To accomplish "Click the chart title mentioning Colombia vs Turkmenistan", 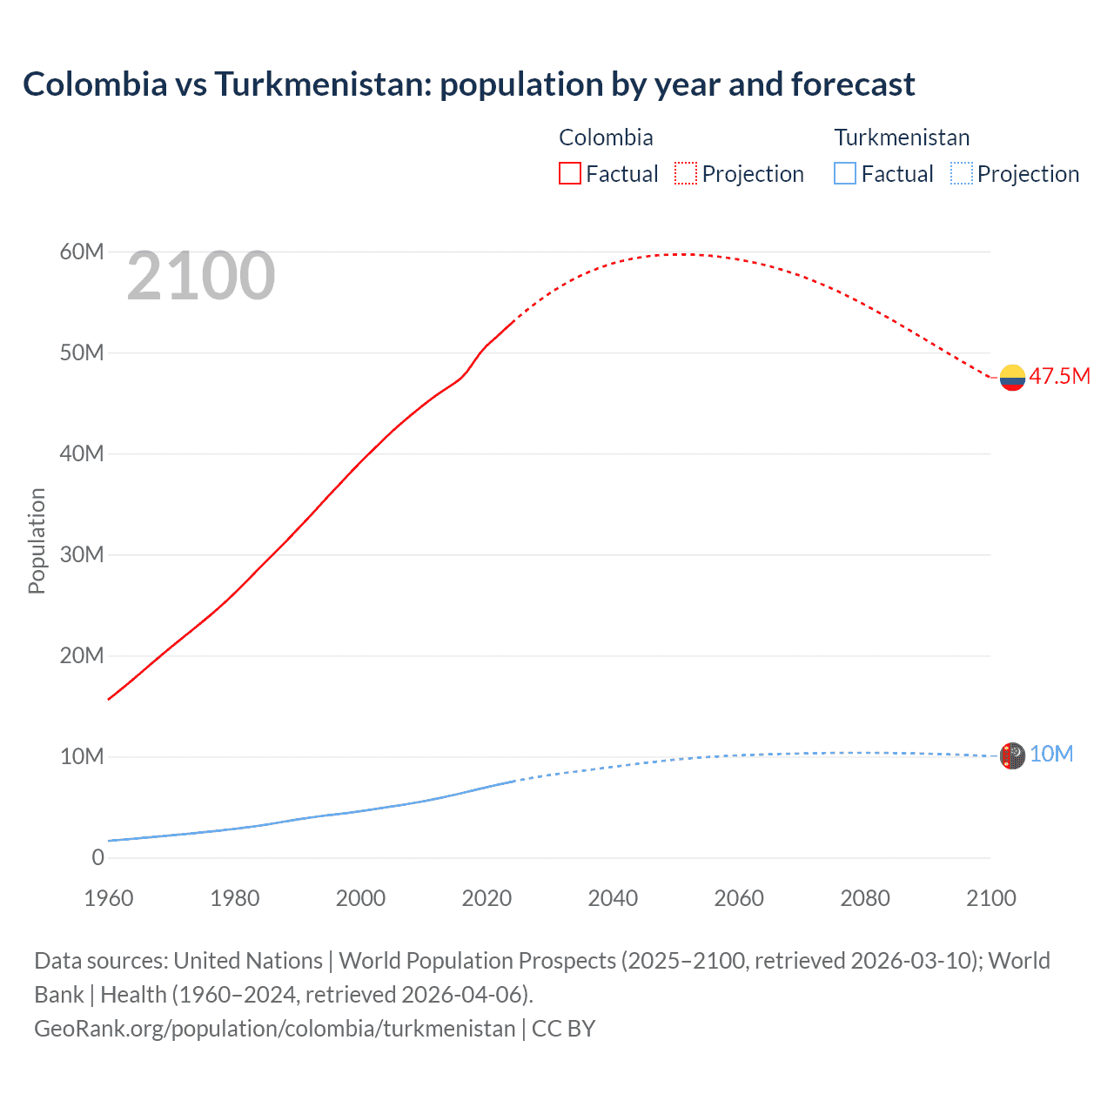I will coord(468,84).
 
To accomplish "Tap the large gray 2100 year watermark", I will coord(201,276).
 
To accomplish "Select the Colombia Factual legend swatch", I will coord(569,173).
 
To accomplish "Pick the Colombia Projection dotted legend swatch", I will coord(686,173).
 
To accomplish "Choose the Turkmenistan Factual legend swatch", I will coord(845,173).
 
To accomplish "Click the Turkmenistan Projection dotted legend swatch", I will coord(962,173).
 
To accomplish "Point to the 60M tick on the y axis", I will coord(82,252).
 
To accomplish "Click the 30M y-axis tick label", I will coord(82,554).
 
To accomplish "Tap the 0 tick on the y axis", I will coord(97,857).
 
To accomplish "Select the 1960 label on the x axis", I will coord(109,898).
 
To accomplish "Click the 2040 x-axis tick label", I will coord(613,898).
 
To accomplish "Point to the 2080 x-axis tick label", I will coord(865,898).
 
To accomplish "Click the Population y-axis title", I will coord(37,540).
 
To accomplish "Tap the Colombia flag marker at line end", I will coord(1012,378).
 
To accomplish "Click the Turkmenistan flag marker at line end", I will coord(1012,755).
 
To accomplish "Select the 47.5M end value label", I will coord(1059,376).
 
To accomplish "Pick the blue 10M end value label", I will coord(1051,754).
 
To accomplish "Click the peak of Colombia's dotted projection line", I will coord(685,254).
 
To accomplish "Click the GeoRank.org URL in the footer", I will coord(274,1028).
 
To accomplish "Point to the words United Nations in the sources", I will coord(248,960).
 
